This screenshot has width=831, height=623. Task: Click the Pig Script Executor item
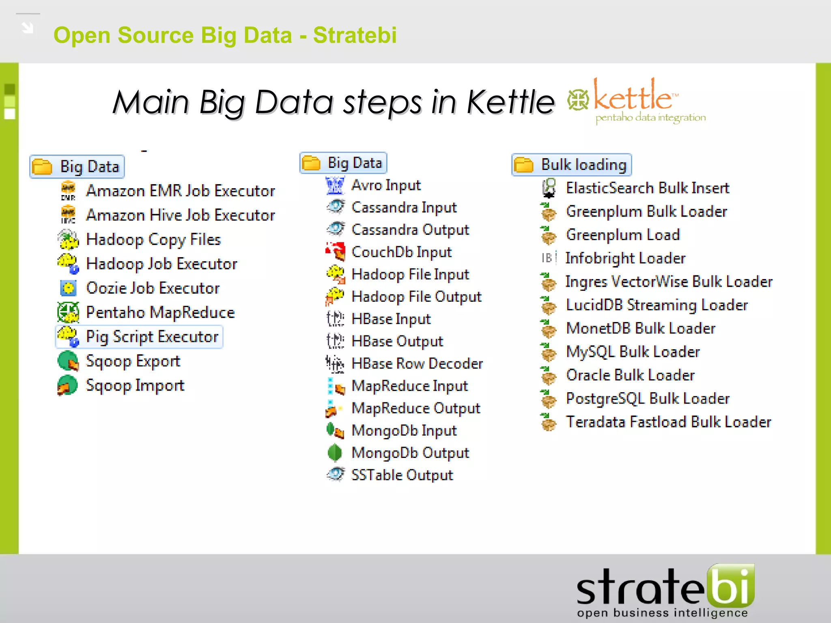tap(152, 337)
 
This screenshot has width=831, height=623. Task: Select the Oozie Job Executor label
tap(153, 288)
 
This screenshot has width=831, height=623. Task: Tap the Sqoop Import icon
tap(67, 385)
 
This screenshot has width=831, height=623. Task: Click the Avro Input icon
tap(335, 185)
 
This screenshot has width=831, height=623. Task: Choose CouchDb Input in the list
tap(401, 252)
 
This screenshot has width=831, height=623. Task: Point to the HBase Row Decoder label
tap(417, 363)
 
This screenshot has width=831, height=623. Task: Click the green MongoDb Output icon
tap(335, 453)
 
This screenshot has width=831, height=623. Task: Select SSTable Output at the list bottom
tap(402, 475)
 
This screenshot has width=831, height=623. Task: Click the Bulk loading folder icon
tap(523, 165)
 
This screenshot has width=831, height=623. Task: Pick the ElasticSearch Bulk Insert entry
tap(647, 188)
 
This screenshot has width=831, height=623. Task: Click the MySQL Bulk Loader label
tap(633, 352)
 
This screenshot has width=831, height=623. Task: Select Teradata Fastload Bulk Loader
tap(668, 422)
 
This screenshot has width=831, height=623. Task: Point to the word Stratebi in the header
tap(355, 35)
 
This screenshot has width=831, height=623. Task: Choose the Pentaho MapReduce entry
tap(160, 312)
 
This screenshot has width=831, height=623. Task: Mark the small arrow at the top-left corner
tap(28, 28)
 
